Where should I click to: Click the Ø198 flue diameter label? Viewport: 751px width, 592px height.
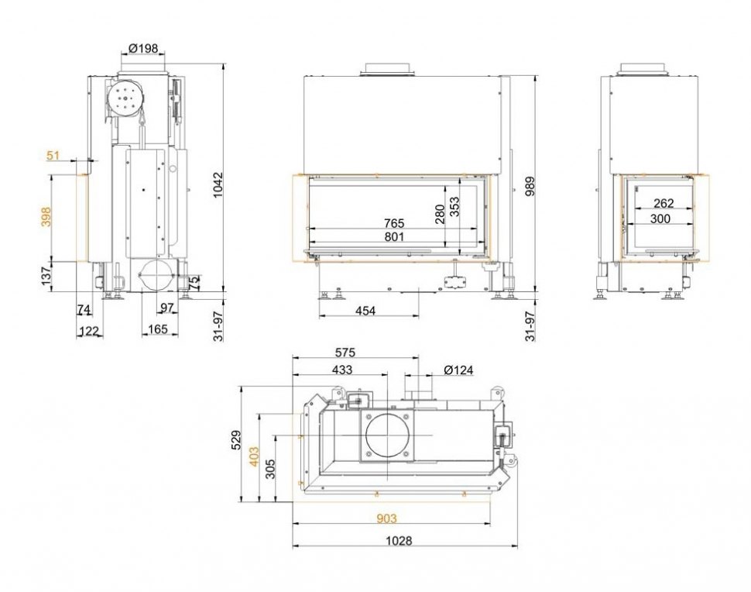[143, 48]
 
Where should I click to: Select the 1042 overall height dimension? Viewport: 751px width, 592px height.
[218, 185]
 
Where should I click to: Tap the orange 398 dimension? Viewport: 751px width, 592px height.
[46, 217]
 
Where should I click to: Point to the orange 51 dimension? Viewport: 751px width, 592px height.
[53, 155]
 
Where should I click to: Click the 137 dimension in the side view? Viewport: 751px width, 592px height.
[46, 277]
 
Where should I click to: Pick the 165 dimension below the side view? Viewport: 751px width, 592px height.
[158, 329]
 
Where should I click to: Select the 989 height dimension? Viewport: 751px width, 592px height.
[530, 186]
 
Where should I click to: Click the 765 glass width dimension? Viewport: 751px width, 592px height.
[394, 223]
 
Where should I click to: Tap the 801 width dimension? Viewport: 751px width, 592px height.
[394, 237]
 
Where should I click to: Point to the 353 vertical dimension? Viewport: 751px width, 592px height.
[454, 207]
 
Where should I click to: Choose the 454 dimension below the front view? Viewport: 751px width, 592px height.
[365, 311]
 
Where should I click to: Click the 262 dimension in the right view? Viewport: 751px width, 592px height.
[664, 203]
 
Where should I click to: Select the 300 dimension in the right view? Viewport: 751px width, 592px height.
[660, 219]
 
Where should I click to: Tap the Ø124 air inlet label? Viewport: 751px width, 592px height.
[458, 370]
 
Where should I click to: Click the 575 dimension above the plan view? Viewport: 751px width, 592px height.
[345, 353]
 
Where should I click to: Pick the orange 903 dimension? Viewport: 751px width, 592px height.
[386, 518]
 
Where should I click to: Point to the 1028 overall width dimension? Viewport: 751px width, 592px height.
[399, 541]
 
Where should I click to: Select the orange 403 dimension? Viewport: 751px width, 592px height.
[254, 456]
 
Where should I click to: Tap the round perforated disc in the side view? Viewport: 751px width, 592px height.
[125, 98]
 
